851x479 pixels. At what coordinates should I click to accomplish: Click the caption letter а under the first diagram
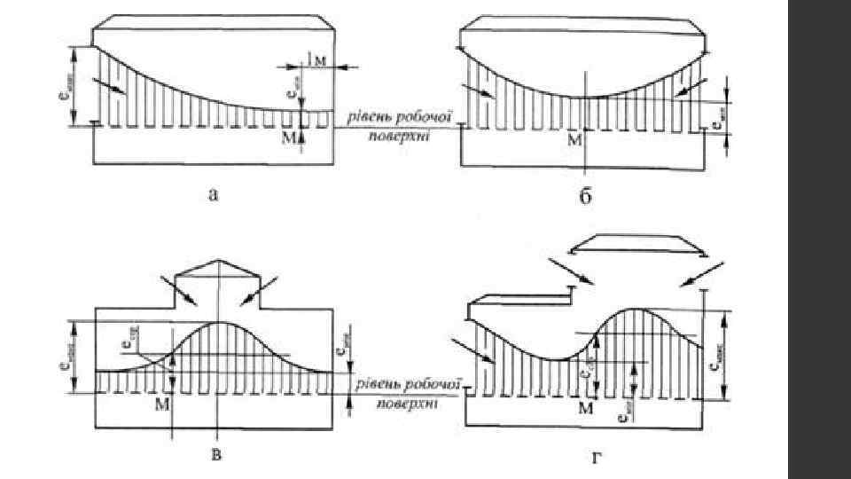212,196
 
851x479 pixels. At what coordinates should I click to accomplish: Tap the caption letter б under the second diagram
585,196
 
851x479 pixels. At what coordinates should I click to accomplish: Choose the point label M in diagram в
162,404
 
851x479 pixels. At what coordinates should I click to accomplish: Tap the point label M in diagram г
585,408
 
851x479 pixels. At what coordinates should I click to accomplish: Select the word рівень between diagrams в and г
376,385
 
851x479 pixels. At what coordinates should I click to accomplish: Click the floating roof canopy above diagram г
637,246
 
